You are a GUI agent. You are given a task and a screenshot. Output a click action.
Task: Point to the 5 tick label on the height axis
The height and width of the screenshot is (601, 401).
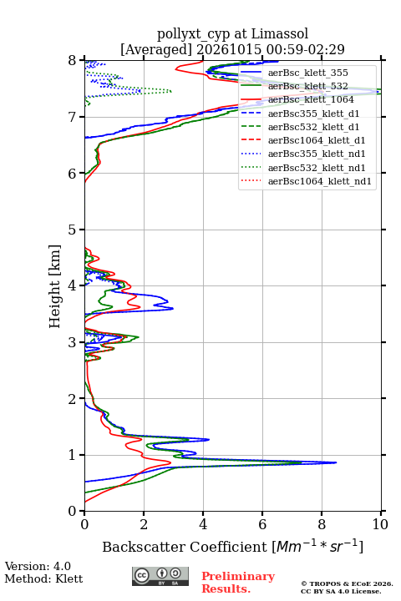click(72, 230)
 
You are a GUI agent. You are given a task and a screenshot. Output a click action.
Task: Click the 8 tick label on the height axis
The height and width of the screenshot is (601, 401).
click(72, 61)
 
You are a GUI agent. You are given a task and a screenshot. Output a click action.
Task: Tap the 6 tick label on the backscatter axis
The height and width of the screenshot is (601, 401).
click(262, 524)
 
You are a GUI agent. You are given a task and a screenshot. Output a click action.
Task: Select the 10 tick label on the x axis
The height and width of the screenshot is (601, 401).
click(380, 524)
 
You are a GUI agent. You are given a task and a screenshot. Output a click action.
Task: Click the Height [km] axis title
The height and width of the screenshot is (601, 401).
click(55, 286)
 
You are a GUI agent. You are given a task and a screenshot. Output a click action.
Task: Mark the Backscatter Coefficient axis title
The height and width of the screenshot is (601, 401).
click(232, 547)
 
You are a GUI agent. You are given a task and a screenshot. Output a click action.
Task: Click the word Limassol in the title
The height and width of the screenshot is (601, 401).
click(280, 34)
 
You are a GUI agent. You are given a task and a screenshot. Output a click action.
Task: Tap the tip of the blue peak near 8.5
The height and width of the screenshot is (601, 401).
click(337, 462)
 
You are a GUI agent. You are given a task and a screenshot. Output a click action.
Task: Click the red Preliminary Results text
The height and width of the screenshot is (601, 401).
click(238, 582)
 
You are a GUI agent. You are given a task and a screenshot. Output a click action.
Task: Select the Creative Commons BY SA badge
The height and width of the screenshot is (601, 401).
click(160, 576)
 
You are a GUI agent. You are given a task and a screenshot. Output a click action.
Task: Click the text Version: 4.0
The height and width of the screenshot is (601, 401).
click(38, 566)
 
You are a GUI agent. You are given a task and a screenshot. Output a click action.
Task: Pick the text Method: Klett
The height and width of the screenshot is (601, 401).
click(43, 578)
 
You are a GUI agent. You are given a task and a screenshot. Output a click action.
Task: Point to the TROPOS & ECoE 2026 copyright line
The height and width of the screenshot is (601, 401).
click(347, 583)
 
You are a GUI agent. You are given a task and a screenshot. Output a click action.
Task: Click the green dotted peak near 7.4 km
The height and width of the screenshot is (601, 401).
click(170, 91)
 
